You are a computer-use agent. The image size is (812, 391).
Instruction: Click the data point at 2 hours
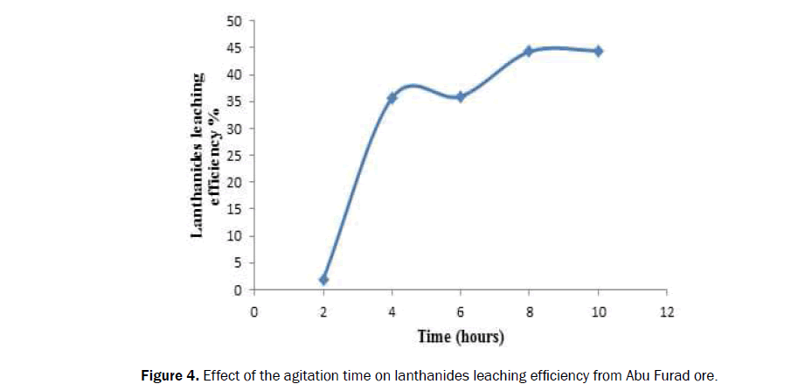click(323, 279)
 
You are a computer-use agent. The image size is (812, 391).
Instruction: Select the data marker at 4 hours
click(392, 98)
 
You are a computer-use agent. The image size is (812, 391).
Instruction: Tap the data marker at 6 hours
click(461, 96)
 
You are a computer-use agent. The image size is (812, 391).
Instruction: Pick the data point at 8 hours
click(529, 51)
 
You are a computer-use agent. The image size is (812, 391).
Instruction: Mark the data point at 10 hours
click(598, 51)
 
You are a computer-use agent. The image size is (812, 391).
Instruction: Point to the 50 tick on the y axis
click(237, 20)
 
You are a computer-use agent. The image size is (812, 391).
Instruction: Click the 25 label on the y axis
click(237, 156)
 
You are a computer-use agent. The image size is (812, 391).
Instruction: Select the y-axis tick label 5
click(240, 263)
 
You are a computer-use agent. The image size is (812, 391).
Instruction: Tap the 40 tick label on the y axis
click(237, 74)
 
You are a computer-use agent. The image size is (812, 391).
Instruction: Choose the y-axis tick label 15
click(237, 209)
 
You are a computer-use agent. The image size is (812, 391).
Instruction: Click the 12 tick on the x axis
click(666, 310)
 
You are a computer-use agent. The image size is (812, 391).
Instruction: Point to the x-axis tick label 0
click(254, 310)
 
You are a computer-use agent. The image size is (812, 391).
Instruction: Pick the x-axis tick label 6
click(461, 310)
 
